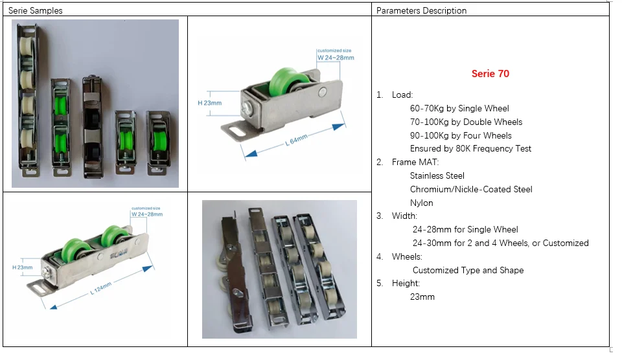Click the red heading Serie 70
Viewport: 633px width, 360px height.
490,74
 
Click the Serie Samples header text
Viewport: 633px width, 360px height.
36,11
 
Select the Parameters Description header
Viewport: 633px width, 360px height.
422,11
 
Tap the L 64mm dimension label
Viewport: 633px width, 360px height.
296,140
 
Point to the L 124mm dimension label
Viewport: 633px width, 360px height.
100,288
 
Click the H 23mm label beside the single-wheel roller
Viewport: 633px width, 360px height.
209,103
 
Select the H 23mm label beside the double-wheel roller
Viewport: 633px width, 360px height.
23,267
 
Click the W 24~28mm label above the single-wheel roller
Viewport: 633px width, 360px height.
336,58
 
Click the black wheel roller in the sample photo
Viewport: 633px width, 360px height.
93,126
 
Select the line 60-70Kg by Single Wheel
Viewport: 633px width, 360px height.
459,109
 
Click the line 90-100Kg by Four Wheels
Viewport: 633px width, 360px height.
461,135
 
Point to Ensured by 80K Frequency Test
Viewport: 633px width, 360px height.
471,148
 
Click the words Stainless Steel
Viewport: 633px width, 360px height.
437,176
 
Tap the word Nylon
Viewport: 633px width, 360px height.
422,203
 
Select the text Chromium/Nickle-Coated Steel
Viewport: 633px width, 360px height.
471,189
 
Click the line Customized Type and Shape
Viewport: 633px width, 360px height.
468,271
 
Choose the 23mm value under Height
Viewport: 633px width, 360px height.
422,297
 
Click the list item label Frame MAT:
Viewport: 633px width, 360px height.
415,163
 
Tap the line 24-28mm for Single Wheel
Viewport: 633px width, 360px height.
465,230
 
